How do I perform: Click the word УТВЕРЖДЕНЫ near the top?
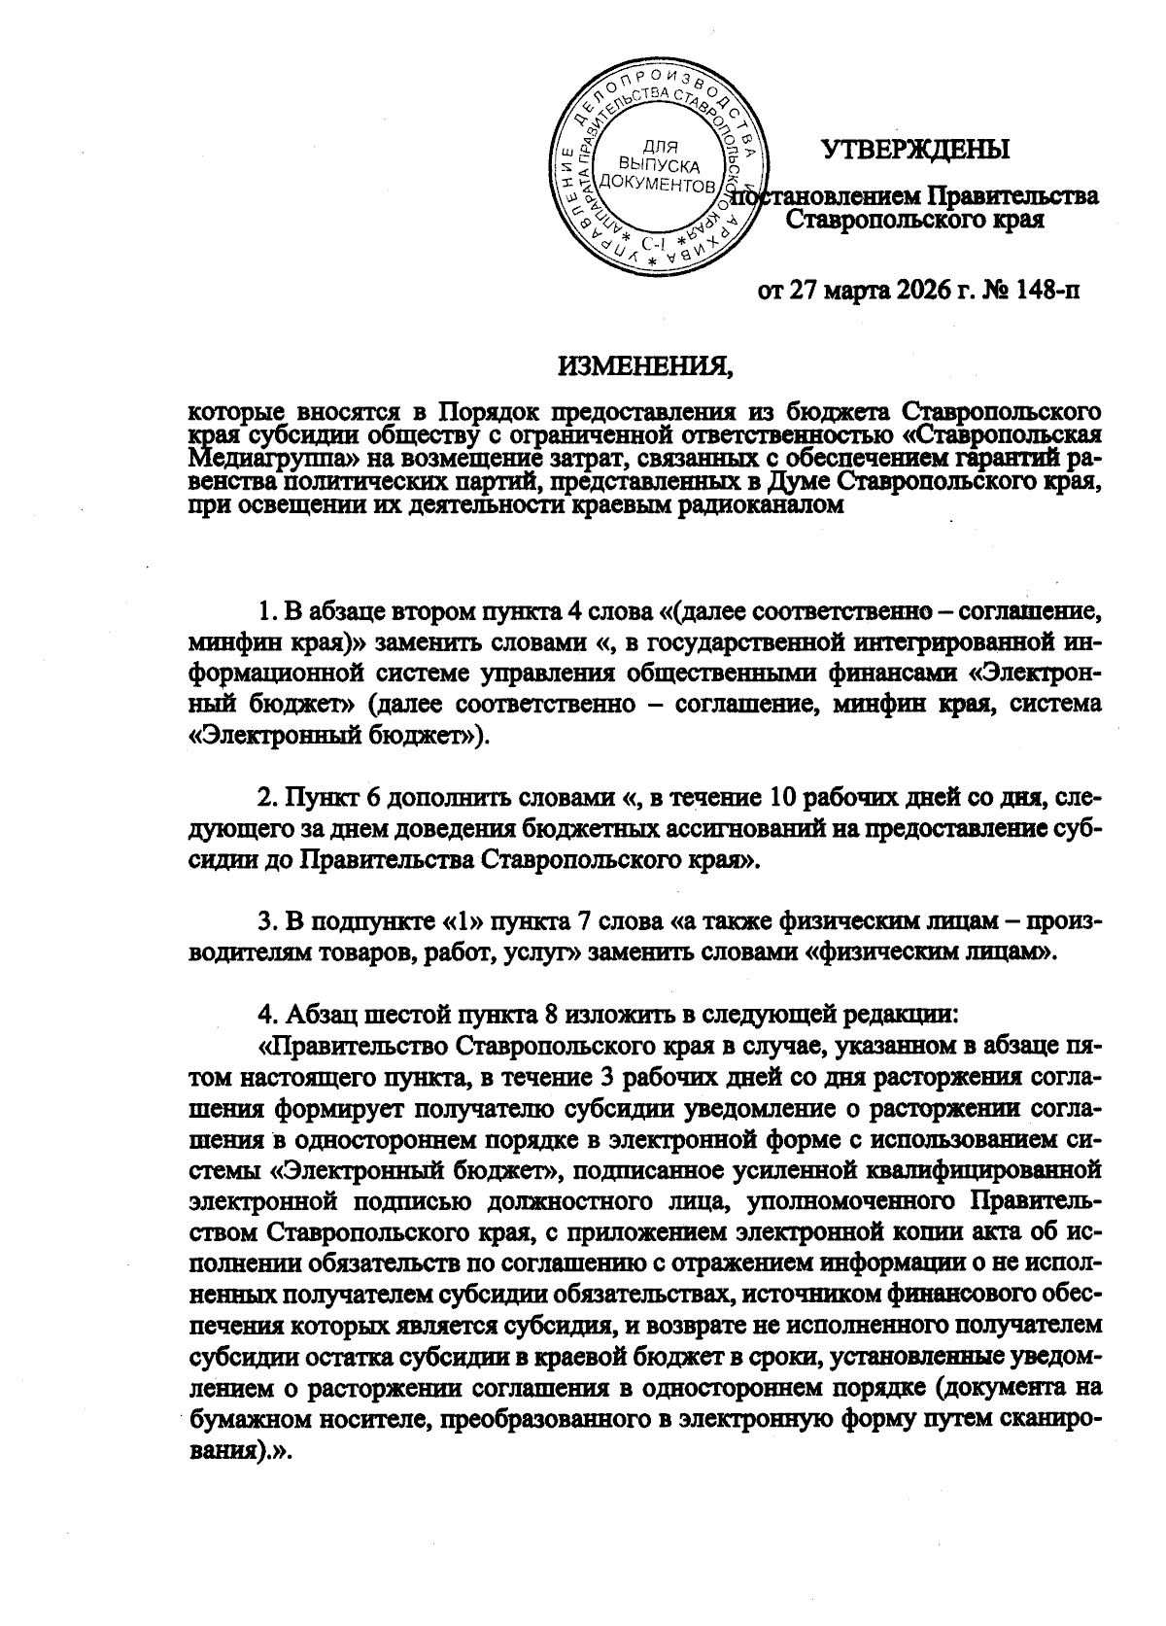pyautogui.click(x=915, y=151)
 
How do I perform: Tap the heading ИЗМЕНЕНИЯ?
pyautogui.click(x=642, y=366)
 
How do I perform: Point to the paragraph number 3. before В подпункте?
pyautogui.click(x=269, y=921)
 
